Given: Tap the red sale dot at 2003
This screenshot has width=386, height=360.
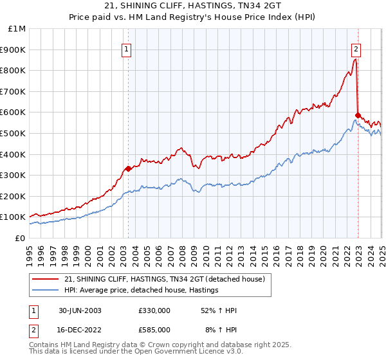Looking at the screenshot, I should [128, 168].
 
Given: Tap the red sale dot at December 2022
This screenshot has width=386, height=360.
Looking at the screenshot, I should [357, 115].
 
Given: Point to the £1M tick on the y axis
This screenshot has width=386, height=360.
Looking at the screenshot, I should [17, 29].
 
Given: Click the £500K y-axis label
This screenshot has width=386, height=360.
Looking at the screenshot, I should [15, 133].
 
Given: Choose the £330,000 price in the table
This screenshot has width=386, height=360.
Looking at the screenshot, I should [154, 311].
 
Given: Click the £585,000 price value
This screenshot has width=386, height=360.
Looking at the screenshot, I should [154, 330].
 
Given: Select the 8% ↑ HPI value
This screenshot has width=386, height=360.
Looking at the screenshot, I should [221, 330].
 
